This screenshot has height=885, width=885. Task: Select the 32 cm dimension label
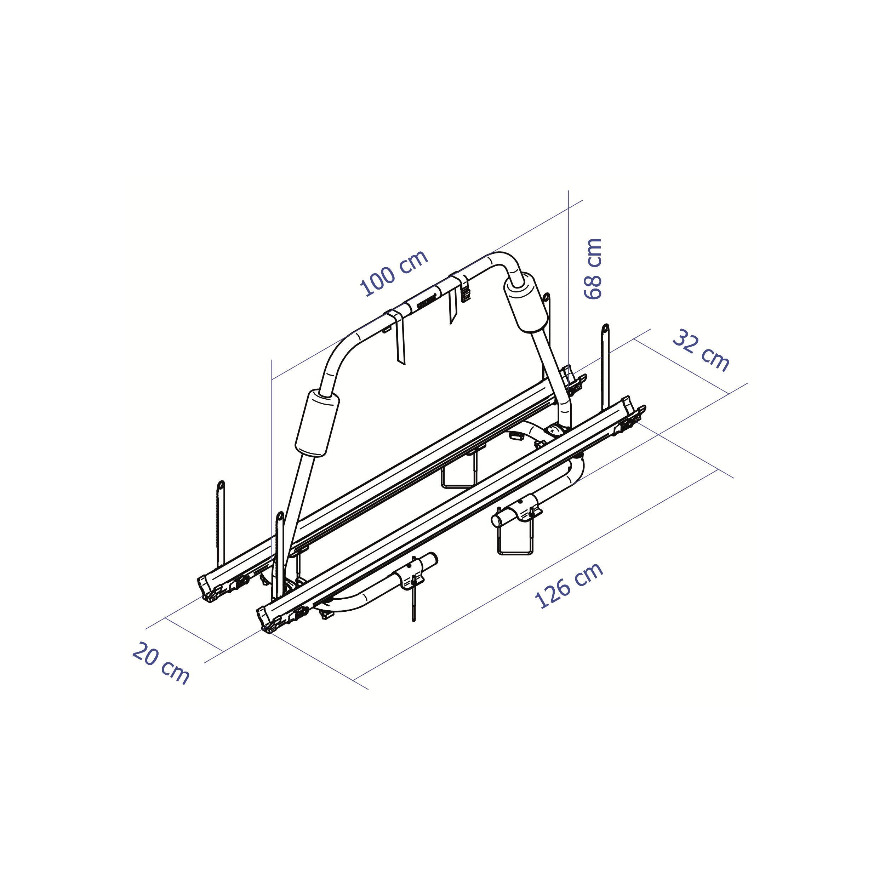click(x=701, y=350)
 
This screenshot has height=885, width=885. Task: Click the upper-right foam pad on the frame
click(x=526, y=301)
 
